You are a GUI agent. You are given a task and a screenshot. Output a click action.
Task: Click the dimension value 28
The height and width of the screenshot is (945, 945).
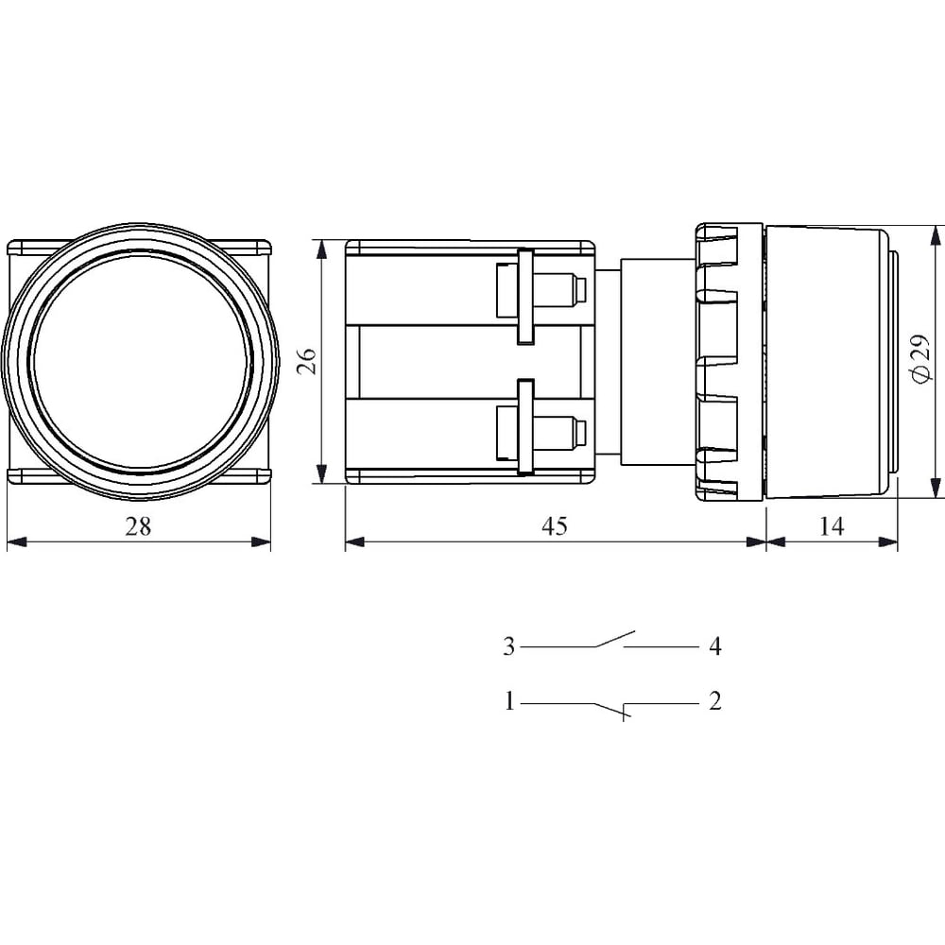pos(138,526)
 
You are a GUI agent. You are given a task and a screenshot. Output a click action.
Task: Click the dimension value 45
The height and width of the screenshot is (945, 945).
pos(555,526)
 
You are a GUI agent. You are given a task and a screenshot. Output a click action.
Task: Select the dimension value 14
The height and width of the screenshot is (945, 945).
pos(831,526)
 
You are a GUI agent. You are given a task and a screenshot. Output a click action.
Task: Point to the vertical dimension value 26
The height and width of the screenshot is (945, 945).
pos(308,361)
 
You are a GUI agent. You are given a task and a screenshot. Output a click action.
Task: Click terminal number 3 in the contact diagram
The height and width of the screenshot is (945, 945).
pos(509,646)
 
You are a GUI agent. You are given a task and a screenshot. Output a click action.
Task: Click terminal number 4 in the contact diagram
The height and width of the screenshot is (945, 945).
pos(714,646)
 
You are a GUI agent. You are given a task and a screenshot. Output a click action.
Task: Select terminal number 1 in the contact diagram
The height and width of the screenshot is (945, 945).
pos(510,701)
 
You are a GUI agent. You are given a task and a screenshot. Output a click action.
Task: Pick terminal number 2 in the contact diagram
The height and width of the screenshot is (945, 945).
pos(714,701)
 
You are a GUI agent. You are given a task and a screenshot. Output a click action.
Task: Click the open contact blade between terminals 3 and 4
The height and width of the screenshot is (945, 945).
pos(615,639)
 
